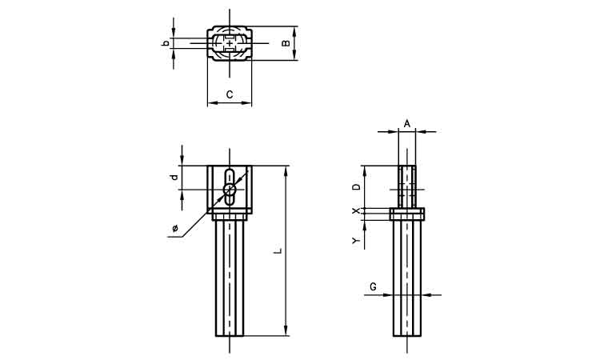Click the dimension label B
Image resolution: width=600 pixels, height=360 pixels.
tap(286, 43)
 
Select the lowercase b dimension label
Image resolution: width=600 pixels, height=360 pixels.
tap(166, 43)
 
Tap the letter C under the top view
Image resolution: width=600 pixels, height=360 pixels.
tap(230, 94)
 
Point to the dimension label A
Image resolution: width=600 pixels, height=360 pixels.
tap(407, 123)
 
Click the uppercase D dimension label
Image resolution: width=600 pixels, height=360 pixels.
tap(357, 186)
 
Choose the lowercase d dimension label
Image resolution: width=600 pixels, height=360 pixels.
tap(174, 177)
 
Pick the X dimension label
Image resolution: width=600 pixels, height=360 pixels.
tap(357, 210)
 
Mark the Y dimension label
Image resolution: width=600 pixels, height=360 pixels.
tap(357, 240)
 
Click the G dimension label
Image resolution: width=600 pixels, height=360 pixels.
tap(373, 286)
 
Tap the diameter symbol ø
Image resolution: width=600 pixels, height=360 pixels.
tap(175, 228)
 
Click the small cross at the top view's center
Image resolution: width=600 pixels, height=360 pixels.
tap(230, 44)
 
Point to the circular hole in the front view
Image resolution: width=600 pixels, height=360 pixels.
tap(230, 189)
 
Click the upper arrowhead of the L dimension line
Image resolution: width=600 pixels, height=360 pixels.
tap(286, 171)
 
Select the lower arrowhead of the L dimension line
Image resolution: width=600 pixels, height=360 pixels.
tap(286, 330)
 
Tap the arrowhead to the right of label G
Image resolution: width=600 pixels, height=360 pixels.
tap(426, 295)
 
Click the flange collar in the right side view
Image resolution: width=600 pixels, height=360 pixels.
tap(407, 214)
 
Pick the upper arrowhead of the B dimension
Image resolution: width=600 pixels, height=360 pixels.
tap(294, 31)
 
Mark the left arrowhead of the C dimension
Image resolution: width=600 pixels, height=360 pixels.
tap(213, 102)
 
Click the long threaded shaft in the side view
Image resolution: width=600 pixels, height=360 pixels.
tap(407, 278)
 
